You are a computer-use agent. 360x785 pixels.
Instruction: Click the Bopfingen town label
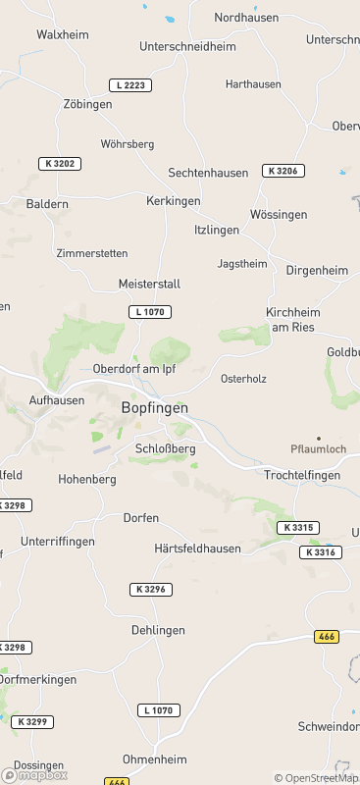click(154, 407)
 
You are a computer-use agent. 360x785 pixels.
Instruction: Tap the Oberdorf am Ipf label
click(133, 369)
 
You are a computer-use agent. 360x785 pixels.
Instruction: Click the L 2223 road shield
click(129, 85)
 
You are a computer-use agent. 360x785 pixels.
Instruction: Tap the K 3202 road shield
click(60, 163)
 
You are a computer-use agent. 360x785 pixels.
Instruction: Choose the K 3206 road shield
click(283, 171)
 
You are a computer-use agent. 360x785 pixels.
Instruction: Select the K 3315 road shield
click(297, 528)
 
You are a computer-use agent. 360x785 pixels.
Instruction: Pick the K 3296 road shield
click(150, 590)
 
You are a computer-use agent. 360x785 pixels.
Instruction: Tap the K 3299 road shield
click(33, 721)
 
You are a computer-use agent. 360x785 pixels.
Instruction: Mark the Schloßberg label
click(165, 448)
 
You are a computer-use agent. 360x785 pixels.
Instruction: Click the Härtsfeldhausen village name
click(197, 549)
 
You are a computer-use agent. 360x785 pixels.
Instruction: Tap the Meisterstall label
click(149, 284)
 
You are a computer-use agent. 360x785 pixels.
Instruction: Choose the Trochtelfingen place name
click(302, 475)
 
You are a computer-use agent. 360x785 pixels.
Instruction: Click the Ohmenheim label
click(155, 759)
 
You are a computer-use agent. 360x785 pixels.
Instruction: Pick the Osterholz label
click(243, 378)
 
